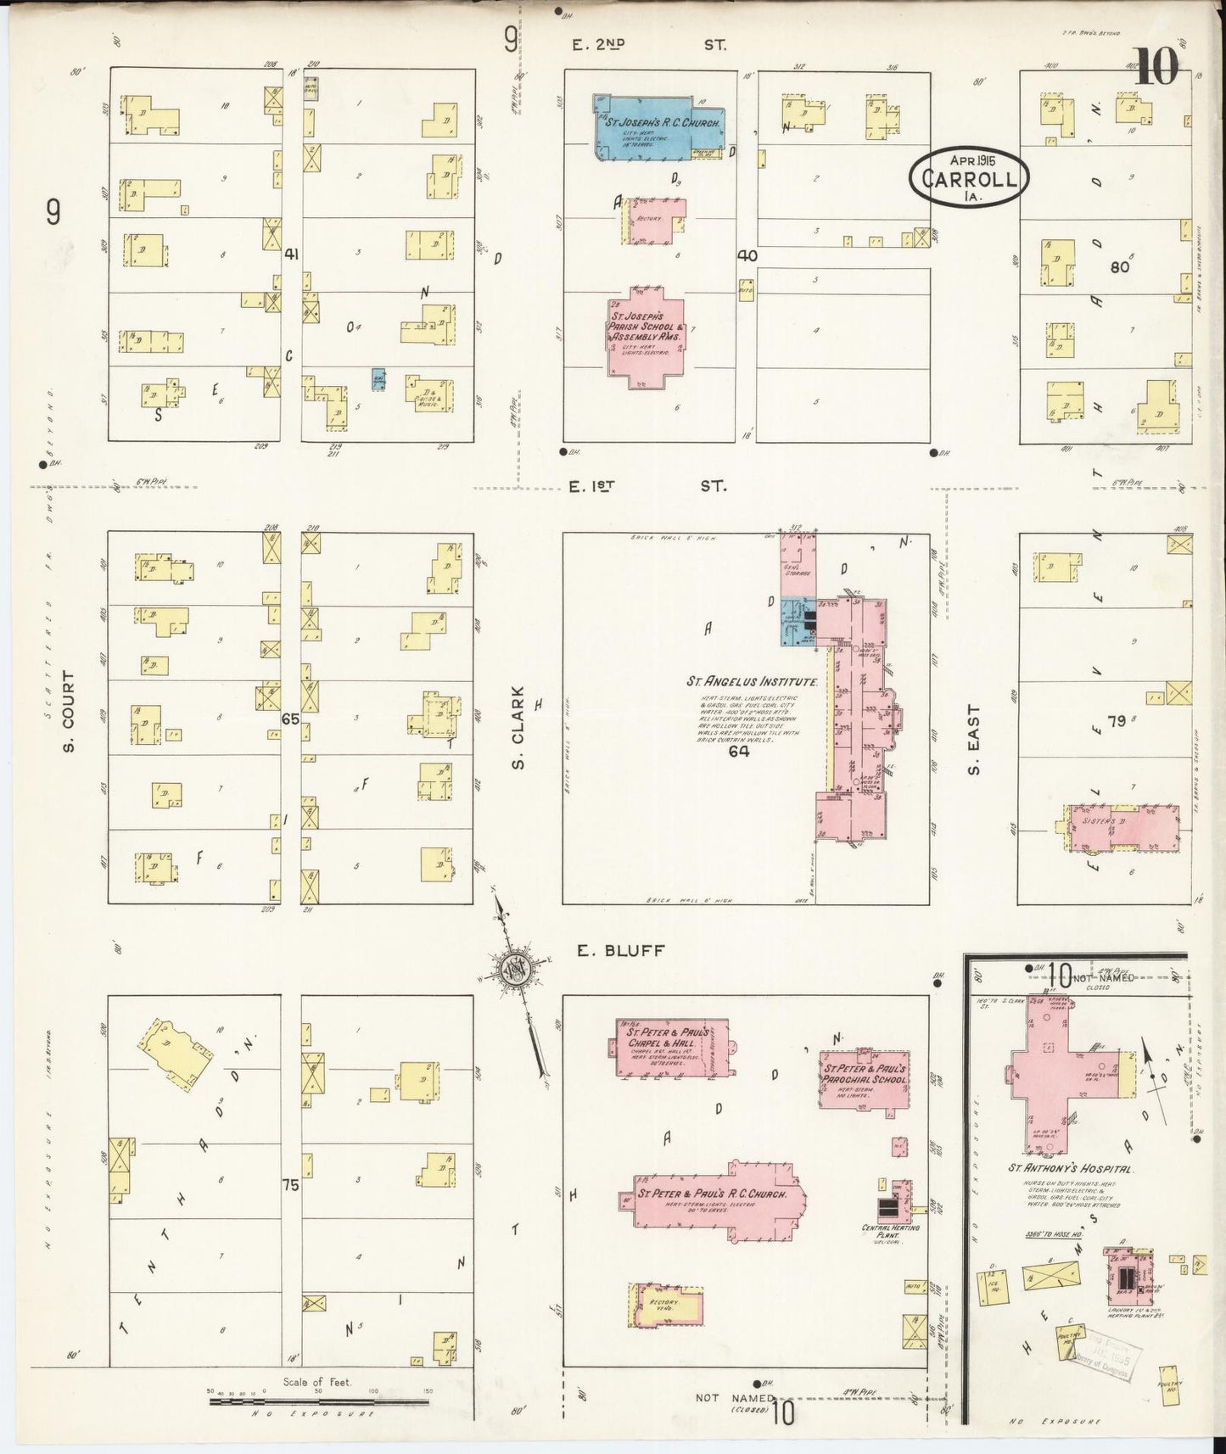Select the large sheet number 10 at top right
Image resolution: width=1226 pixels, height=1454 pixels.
(1156, 68)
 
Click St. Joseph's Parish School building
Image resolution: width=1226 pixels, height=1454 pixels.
(647, 337)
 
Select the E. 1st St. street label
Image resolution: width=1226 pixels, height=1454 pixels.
(648, 486)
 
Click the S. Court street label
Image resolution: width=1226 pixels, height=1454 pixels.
(69, 712)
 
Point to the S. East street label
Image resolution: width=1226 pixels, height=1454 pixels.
(973, 739)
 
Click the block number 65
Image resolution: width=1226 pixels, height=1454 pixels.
(290, 719)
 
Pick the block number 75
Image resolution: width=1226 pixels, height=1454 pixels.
(290, 1185)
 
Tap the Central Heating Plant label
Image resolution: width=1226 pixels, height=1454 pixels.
(890, 1231)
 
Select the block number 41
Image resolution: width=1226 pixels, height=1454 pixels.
(293, 254)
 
